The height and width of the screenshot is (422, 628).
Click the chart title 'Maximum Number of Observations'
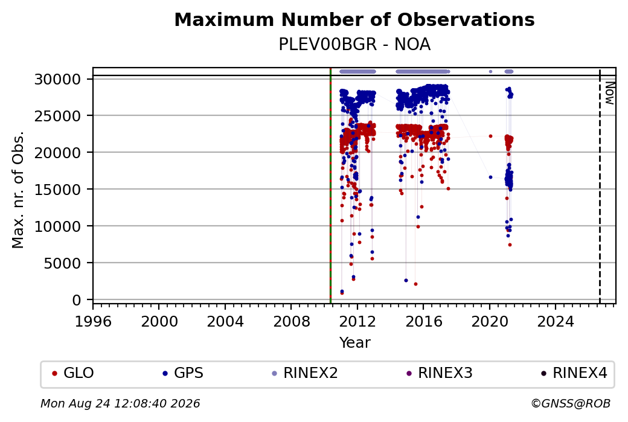(354, 19)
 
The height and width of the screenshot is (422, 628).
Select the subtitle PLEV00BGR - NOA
(354, 45)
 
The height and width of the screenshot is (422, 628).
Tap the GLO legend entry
(73, 373)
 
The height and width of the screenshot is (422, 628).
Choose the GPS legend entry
(184, 373)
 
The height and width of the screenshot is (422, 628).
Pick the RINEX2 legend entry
(305, 373)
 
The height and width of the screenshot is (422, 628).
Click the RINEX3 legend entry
(440, 373)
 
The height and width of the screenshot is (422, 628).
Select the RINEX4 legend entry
(574, 373)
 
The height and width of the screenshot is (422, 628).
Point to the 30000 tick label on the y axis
(58, 79)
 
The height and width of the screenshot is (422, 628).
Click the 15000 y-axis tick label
(58, 190)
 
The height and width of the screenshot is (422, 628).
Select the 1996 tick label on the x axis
(93, 321)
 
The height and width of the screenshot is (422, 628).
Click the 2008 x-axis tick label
(291, 321)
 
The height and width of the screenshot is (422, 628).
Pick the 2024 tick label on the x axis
(556, 321)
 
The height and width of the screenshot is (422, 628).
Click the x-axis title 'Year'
(355, 343)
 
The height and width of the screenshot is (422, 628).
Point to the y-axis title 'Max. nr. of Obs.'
(18, 190)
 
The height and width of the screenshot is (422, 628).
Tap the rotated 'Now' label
(609, 93)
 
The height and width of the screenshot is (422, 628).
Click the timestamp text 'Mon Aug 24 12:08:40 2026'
(120, 403)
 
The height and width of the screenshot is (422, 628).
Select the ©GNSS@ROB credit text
(571, 403)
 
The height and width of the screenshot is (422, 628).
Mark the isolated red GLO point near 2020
(490, 136)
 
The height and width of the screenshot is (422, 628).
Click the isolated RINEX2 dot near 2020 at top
(490, 72)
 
